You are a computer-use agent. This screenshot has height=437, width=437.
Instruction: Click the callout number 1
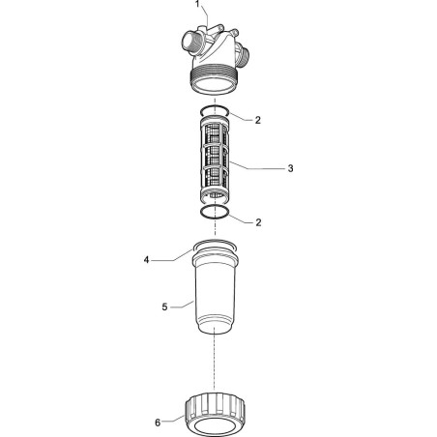click(198, 4)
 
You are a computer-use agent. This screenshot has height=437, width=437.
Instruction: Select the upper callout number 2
click(257, 120)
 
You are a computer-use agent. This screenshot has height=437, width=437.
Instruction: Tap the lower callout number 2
click(258, 222)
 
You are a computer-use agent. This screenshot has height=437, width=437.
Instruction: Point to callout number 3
click(290, 168)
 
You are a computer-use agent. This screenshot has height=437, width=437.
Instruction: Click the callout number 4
click(146, 260)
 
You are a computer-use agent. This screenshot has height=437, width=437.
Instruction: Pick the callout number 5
click(164, 307)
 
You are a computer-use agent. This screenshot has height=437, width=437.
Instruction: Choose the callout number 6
click(158, 422)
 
